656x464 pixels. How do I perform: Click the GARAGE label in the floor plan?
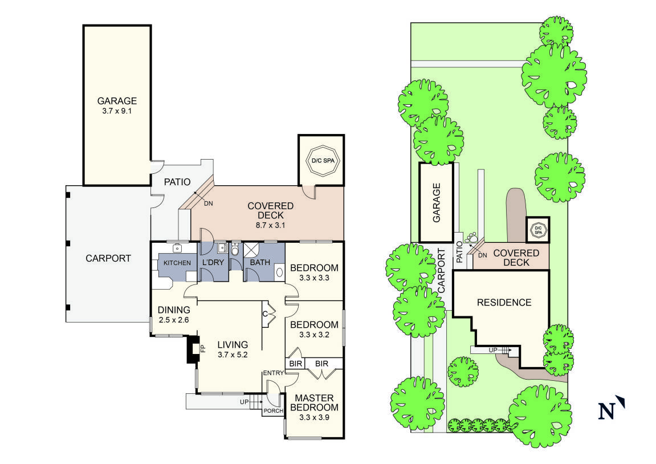pos(116,101)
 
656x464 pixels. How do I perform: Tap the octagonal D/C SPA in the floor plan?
pos(321,161)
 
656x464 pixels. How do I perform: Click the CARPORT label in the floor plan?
pos(108,258)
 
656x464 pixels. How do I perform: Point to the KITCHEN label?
pos(177,263)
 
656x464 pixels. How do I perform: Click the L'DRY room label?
pos(212,263)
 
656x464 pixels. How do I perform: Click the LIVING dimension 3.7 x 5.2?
pos(232,355)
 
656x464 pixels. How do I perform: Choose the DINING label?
pos(174,310)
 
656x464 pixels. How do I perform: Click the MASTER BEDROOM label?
pos(314,402)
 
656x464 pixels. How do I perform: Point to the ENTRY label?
pos(272,373)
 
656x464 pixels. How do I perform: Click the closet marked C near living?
pos(266,314)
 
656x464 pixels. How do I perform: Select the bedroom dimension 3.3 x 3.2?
pos(314,335)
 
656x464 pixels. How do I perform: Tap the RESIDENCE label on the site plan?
pos(504,303)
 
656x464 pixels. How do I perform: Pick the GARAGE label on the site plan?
pos(437,202)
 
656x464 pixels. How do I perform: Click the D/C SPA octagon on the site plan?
pos(537,230)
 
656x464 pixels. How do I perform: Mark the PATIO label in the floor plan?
pos(177,182)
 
